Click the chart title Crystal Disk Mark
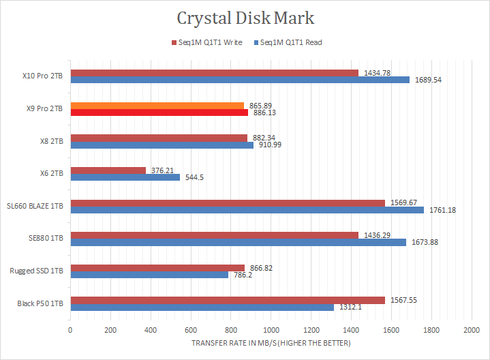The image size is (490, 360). (245, 18)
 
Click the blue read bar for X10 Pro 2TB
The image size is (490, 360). (240, 80)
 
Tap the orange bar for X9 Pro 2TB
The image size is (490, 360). (157, 105)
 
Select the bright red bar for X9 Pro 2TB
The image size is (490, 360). (159, 112)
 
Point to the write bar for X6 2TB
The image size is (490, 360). (108, 170)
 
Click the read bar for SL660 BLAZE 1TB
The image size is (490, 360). (247, 210)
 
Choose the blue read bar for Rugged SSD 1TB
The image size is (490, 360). (149, 275)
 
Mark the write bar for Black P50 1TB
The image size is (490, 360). (228, 299)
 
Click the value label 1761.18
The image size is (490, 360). (442, 210)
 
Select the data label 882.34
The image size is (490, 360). (263, 137)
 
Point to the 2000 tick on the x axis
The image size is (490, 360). (471, 330)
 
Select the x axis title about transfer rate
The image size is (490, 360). (271, 343)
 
